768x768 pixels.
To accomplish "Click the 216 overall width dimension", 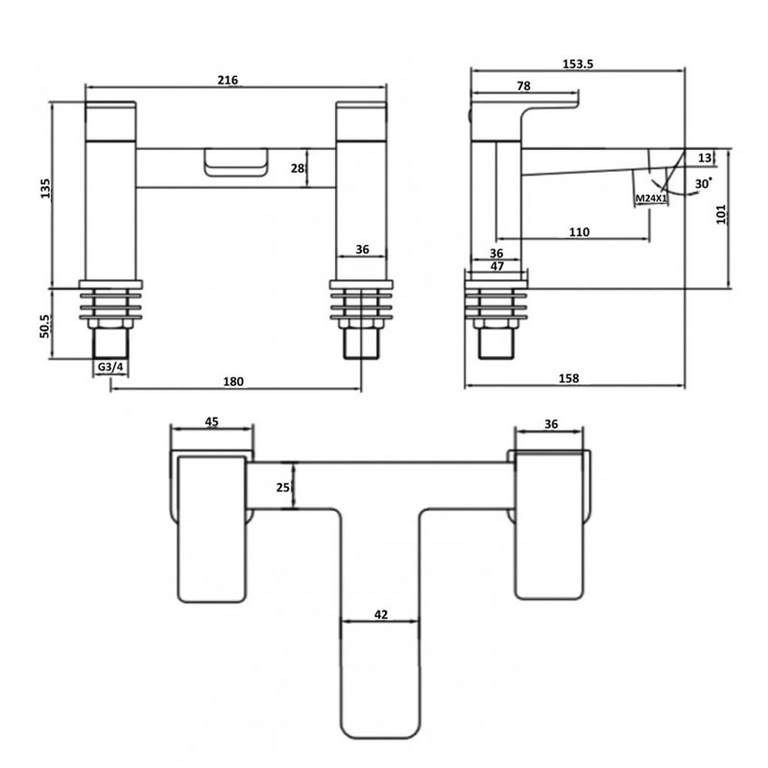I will (x=228, y=80).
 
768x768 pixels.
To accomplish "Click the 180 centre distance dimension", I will (x=233, y=381).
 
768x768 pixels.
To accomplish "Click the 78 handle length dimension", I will (x=524, y=86).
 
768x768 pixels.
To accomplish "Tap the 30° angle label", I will (x=704, y=182).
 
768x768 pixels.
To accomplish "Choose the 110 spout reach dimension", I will (x=579, y=231).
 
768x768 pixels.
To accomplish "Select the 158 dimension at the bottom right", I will (x=568, y=379).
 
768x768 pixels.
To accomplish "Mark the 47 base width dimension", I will (x=497, y=267).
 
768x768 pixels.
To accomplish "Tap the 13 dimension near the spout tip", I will (x=706, y=158).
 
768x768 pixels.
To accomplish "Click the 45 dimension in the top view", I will (x=212, y=420).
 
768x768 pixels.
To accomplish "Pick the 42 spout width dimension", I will (x=381, y=614).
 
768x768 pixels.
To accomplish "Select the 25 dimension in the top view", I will (x=283, y=487).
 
